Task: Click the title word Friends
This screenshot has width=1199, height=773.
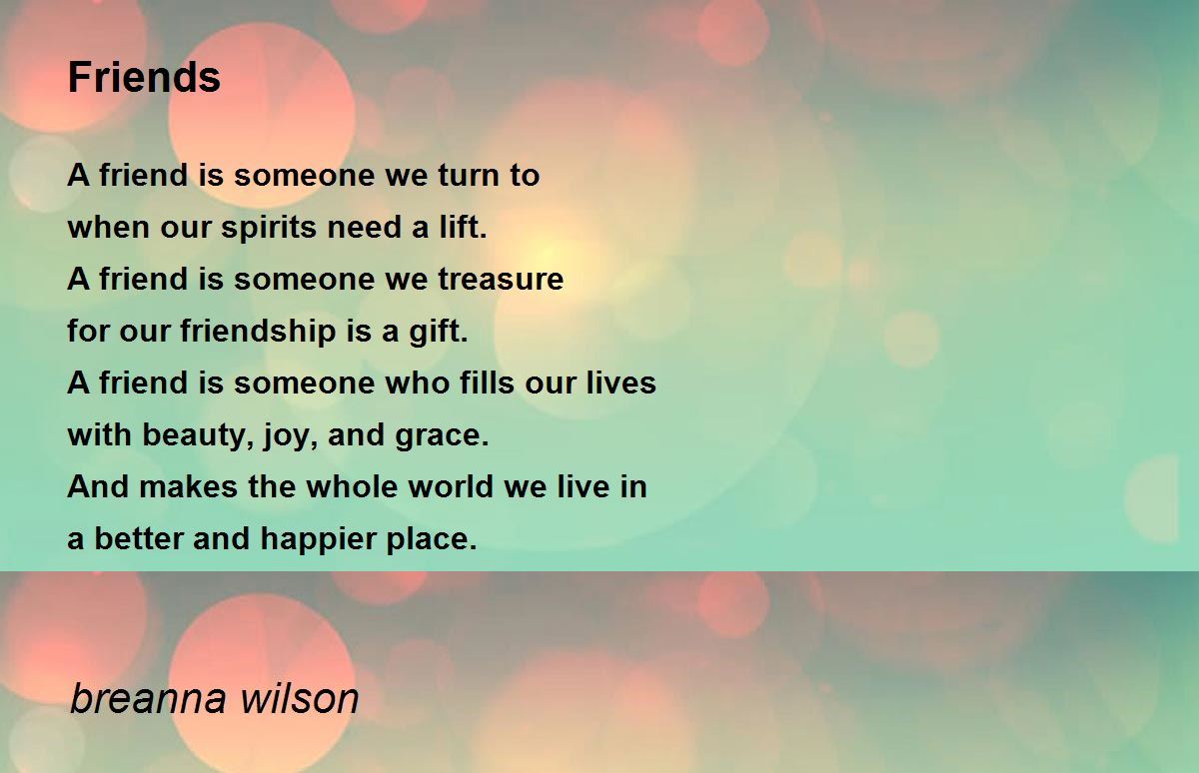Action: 144,77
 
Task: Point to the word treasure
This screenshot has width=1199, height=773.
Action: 501,280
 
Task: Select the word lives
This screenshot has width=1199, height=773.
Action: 621,384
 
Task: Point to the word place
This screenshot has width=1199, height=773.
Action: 436,539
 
